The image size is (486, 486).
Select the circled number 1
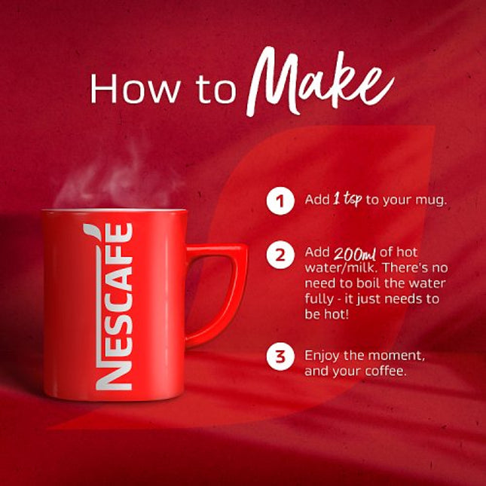click(280, 200)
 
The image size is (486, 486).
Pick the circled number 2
click(280, 255)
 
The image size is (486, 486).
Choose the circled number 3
click(280, 356)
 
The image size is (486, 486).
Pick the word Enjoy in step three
click(322, 355)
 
